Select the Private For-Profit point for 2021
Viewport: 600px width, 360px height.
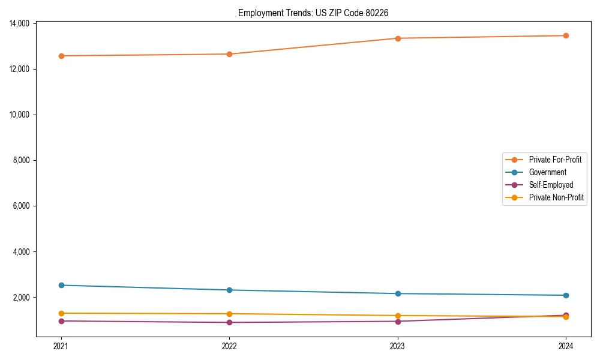pos(61,56)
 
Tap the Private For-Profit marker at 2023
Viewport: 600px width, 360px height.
pos(398,38)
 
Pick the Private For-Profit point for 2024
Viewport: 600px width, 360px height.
pos(566,35)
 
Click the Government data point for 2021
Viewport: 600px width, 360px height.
pos(61,285)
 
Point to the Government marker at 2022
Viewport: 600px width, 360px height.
pos(229,290)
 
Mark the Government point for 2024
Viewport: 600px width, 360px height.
pos(566,295)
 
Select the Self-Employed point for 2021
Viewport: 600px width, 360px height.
pos(61,321)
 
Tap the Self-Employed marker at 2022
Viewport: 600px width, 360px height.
pos(229,322)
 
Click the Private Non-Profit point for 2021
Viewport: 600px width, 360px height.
pos(61,313)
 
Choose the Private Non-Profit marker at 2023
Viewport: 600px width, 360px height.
pos(398,316)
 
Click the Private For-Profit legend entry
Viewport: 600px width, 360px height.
pos(554,160)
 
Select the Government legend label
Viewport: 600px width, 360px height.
pos(547,172)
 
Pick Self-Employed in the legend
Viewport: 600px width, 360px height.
pos(551,185)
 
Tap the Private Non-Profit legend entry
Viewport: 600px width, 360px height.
pos(556,197)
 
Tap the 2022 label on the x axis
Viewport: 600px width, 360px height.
pos(229,346)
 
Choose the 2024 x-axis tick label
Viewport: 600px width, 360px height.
pos(566,346)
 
